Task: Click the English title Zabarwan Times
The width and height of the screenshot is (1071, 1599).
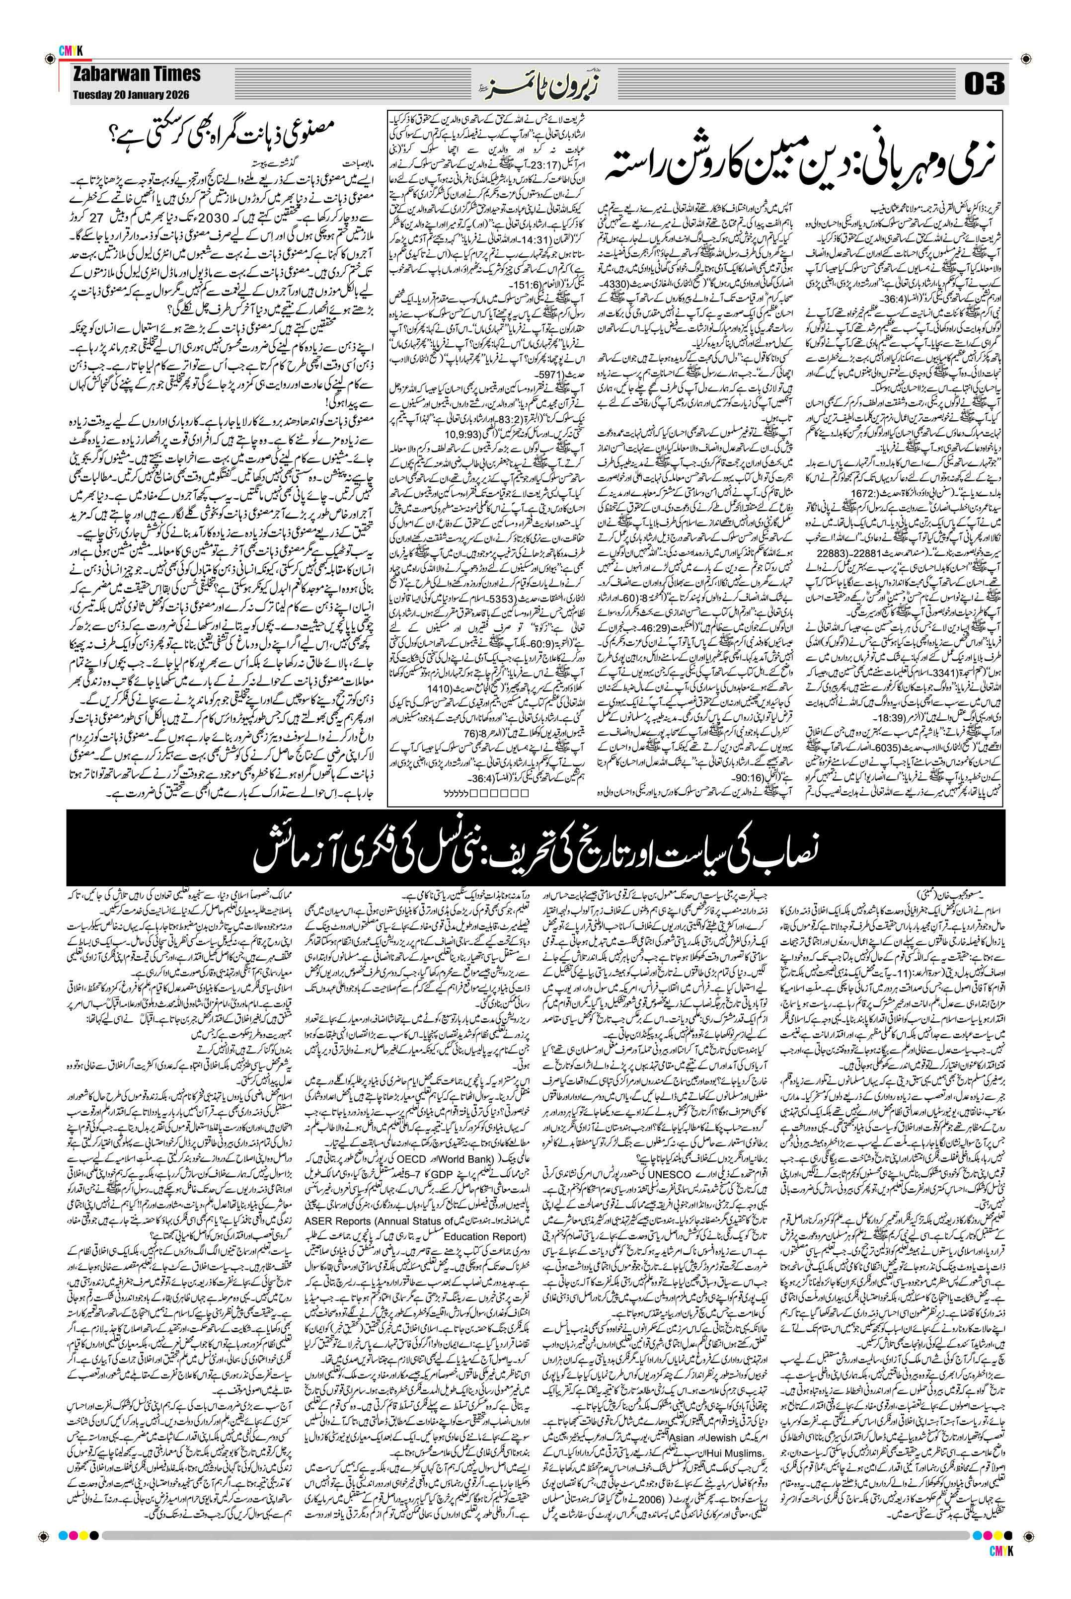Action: point(137,74)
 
